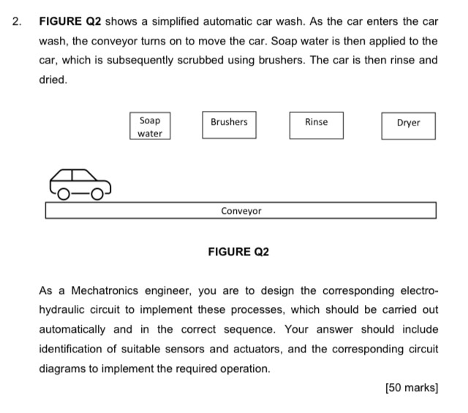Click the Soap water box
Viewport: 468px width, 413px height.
(x=150, y=126)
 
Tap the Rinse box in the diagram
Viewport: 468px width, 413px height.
(x=316, y=123)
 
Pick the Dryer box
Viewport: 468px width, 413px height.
(x=408, y=124)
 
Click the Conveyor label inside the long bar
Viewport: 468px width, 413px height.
(x=241, y=211)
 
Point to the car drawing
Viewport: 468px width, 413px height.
(x=80, y=185)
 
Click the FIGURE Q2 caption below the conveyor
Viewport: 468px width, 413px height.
(x=238, y=251)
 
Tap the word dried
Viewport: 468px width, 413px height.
(x=53, y=80)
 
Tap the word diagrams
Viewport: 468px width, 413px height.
(x=62, y=368)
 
